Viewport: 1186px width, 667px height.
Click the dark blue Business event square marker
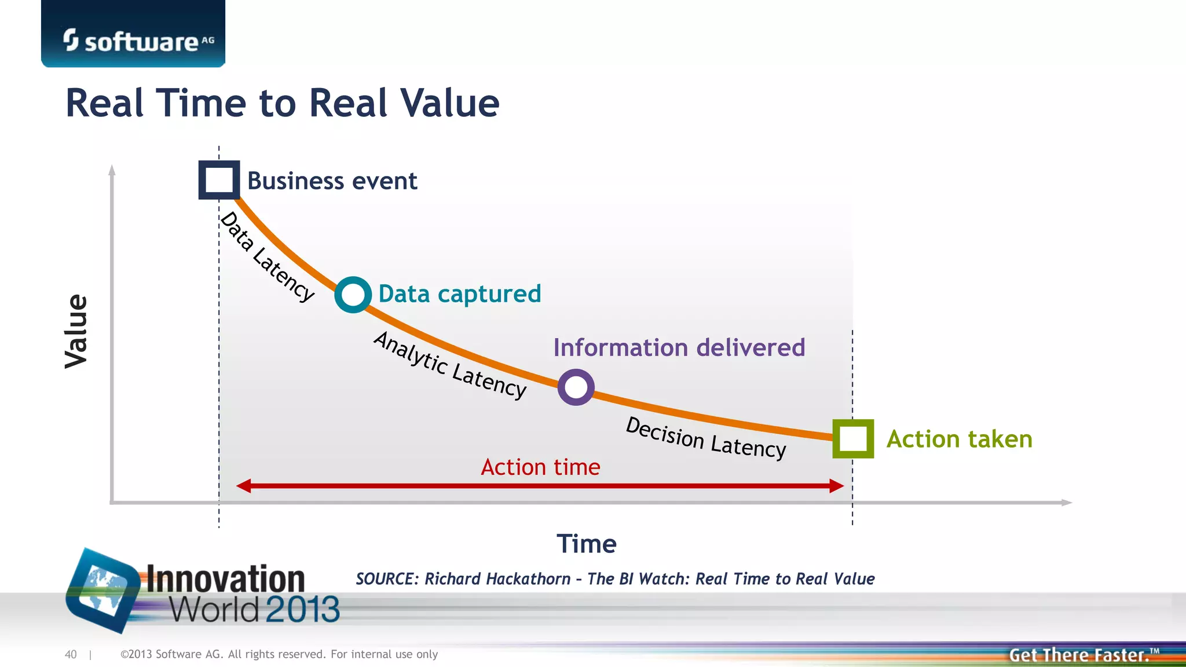pos(219,180)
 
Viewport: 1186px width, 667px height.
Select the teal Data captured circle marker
pos(353,295)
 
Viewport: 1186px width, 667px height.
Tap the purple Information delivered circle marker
pos(576,387)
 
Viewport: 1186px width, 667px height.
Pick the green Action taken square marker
pos(852,439)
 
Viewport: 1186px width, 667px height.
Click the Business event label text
pos(332,181)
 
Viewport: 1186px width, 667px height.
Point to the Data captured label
pos(459,294)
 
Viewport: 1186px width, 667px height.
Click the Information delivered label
pos(679,348)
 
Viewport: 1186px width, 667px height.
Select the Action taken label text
pos(959,439)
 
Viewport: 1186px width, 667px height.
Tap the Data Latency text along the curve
pos(268,256)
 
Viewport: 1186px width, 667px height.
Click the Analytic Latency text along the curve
pos(450,365)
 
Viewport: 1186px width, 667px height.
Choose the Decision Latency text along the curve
pos(705,438)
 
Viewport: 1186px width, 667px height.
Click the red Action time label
pos(540,467)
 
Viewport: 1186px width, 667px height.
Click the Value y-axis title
pos(76,331)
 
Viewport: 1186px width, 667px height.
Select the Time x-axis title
pos(586,544)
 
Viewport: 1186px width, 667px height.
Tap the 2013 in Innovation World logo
pos(302,610)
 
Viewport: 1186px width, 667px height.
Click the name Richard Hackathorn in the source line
pos(497,579)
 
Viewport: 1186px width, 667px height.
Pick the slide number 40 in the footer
pos(71,654)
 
